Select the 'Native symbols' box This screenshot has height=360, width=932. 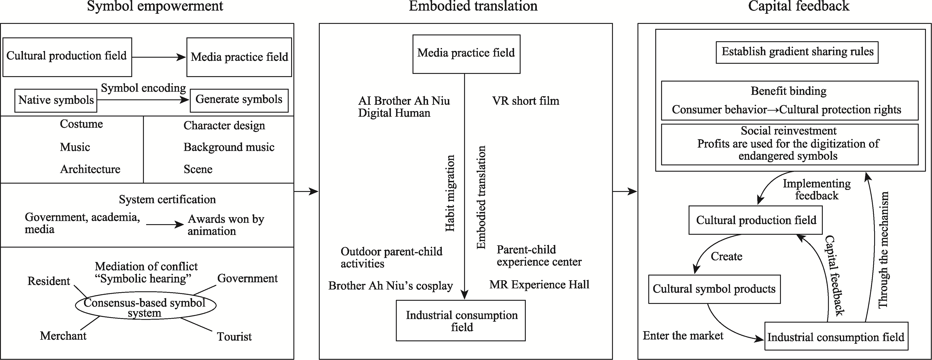(56, 100)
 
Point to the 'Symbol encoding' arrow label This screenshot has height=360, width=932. (143, 88)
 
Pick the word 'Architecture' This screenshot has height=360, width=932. (90, 169)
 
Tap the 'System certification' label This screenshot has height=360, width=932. (167, 199)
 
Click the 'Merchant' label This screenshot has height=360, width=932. (63, 336)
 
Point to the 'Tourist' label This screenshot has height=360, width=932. (234, 337)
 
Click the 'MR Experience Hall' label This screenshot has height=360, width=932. (539, 285)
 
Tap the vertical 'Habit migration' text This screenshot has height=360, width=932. (450, 193)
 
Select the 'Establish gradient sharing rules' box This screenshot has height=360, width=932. (797, 52)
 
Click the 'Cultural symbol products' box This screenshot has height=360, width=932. (714, 289)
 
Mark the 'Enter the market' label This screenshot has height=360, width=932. (683, 335)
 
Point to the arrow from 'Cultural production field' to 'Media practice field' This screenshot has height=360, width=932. (159, 57)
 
